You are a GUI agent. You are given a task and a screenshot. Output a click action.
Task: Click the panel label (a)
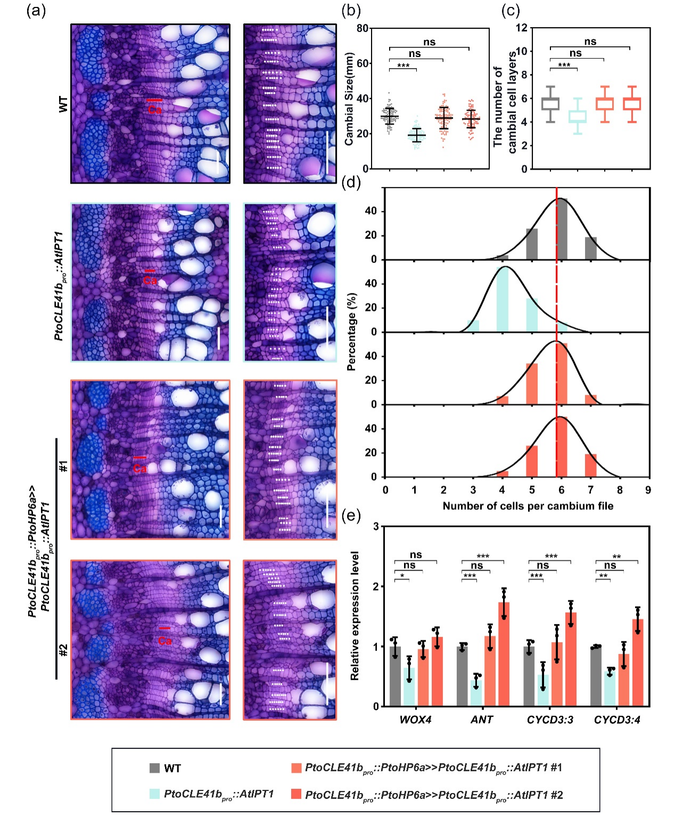[36, 10]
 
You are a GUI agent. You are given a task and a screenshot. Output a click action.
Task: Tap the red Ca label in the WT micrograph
[154, 110]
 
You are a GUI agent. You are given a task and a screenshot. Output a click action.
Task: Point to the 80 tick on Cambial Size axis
[362, 28]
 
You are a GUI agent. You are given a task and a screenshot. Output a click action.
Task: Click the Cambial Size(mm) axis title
[349, 99]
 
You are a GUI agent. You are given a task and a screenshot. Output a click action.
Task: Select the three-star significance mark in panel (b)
[403, 66]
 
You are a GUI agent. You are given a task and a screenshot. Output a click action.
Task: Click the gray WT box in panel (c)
[550, 104]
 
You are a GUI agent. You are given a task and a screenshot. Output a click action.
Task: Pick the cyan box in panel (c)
[577, 116]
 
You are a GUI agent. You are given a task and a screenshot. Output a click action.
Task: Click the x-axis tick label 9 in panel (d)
[648, 490]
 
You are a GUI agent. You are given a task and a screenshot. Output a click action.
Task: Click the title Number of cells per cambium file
[528, 506]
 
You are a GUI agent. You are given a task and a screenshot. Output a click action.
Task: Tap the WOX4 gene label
[415, 720]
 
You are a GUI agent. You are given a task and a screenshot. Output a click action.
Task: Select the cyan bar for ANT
[476, 693]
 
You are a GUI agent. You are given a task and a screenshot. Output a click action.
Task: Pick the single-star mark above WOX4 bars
[402, 576]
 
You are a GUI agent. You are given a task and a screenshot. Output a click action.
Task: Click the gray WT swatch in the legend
[155, 768]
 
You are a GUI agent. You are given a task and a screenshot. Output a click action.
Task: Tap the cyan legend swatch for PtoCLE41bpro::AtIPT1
[155, 794]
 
